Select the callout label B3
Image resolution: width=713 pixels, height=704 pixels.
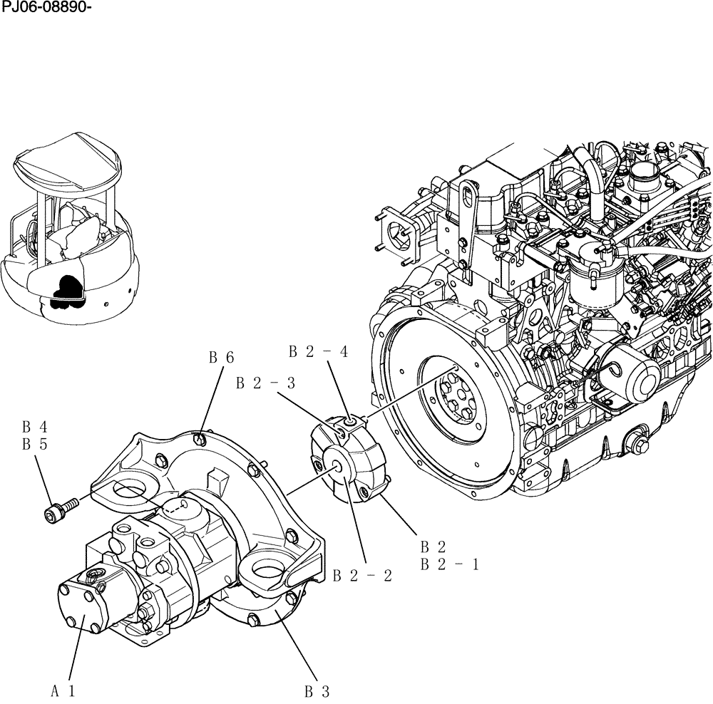(317, 690)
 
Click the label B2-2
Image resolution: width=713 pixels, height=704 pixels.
(362, 576)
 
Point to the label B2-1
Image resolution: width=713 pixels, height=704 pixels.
(449, 564)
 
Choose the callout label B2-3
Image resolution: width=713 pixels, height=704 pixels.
(265, 383)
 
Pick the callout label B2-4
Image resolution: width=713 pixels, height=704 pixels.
(318, 351)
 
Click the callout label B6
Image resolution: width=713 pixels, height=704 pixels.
(220, 358)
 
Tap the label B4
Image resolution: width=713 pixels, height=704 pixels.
(34, 427)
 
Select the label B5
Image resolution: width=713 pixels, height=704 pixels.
(34, 445)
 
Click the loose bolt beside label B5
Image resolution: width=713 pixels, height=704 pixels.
(57, 511)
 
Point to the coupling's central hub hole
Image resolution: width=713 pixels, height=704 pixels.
(339, 467)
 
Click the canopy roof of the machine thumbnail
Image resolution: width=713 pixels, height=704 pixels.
(68, 162)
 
